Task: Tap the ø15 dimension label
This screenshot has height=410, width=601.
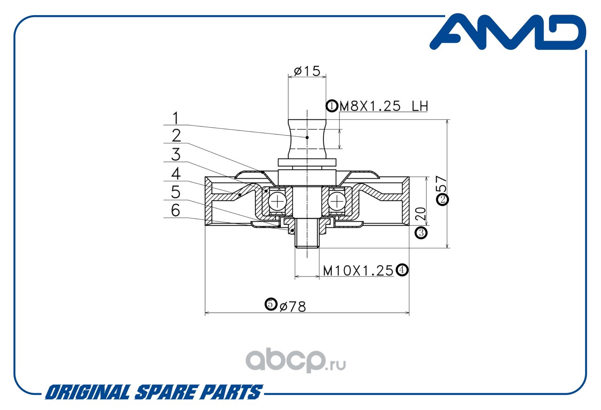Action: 307,71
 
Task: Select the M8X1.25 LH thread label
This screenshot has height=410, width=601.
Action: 383,106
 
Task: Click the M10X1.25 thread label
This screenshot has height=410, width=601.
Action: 358,270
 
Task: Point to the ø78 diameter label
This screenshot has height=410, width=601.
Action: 293,307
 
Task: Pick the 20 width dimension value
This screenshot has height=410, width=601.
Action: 421,214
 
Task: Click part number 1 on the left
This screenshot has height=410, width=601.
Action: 175,118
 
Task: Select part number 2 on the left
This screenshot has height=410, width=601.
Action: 176,135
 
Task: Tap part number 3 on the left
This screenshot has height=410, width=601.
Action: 176,154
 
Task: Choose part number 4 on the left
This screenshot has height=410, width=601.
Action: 176,173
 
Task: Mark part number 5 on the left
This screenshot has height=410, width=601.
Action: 176,192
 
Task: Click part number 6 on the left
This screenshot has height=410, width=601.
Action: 175,210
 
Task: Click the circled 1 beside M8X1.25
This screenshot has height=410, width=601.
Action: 332,106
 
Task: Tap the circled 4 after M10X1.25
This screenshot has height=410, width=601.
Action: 402,270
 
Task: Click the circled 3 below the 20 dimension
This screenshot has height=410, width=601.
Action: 421,232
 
